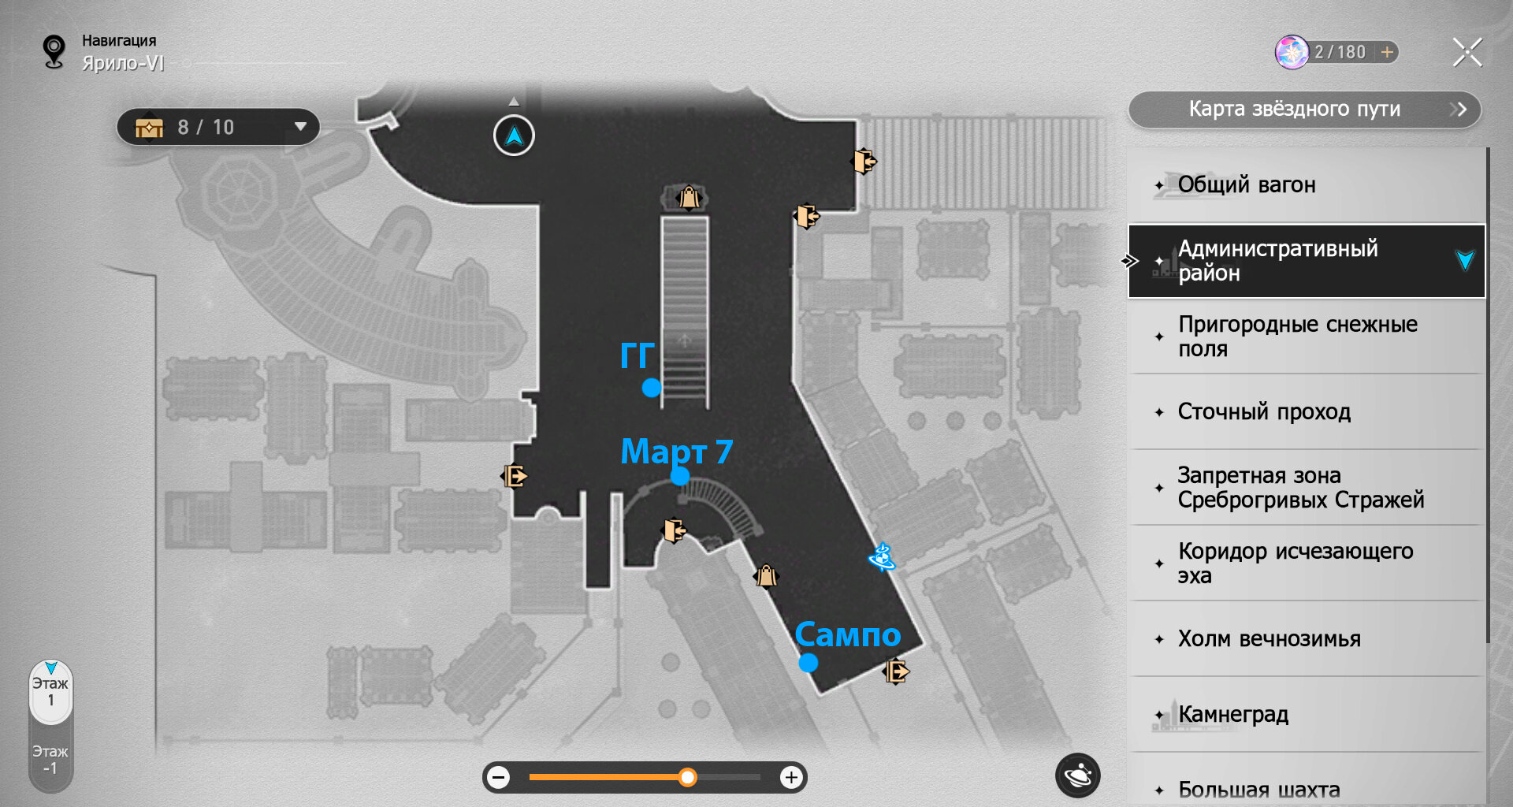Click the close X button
(1467, 53)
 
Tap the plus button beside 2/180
(1387, 52)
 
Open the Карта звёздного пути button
(1304, 110)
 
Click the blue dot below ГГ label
(652, 388)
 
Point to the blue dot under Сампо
(808, 664)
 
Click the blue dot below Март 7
(680, 476)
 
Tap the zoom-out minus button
(498, 779)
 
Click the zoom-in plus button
(791, 779)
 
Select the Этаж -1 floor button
(50, 760)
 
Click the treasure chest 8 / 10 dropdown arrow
(300, 127)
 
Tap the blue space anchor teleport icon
(882, 557)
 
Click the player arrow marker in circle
(514, 136)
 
